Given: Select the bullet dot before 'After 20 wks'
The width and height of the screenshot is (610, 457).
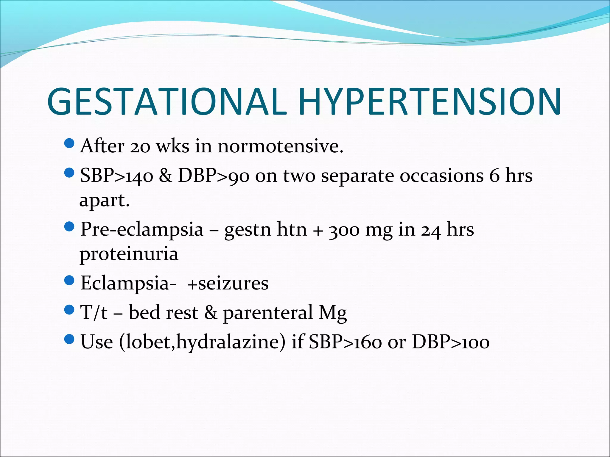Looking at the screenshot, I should click(x=69, y=144).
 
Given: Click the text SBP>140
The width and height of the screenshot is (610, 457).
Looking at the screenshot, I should click(x=117, y=176).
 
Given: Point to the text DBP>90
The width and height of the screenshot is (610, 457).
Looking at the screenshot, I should click(x=214, y=176).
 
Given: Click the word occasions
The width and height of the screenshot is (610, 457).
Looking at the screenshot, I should click(x=441, y=176).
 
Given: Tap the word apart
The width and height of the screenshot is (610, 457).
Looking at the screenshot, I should click(x=104, y=201).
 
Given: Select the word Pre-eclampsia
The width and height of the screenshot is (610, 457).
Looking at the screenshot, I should click(x=142, y=229).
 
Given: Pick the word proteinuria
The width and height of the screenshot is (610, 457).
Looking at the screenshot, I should click(x=129, y=254).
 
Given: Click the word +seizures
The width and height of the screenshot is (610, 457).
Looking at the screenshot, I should click(x=228, y=283).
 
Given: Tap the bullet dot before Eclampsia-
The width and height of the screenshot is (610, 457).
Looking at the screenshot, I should click(x=69, y=280).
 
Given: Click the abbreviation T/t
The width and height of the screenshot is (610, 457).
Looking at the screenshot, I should click(x=94, y=312).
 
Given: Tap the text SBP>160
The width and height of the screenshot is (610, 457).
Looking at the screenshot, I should click(x=345, y=342).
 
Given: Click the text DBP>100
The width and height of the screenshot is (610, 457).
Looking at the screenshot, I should click(x=450, y=342).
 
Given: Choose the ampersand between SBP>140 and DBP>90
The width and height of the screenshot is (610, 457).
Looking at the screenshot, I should click(x=165, y=176).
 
